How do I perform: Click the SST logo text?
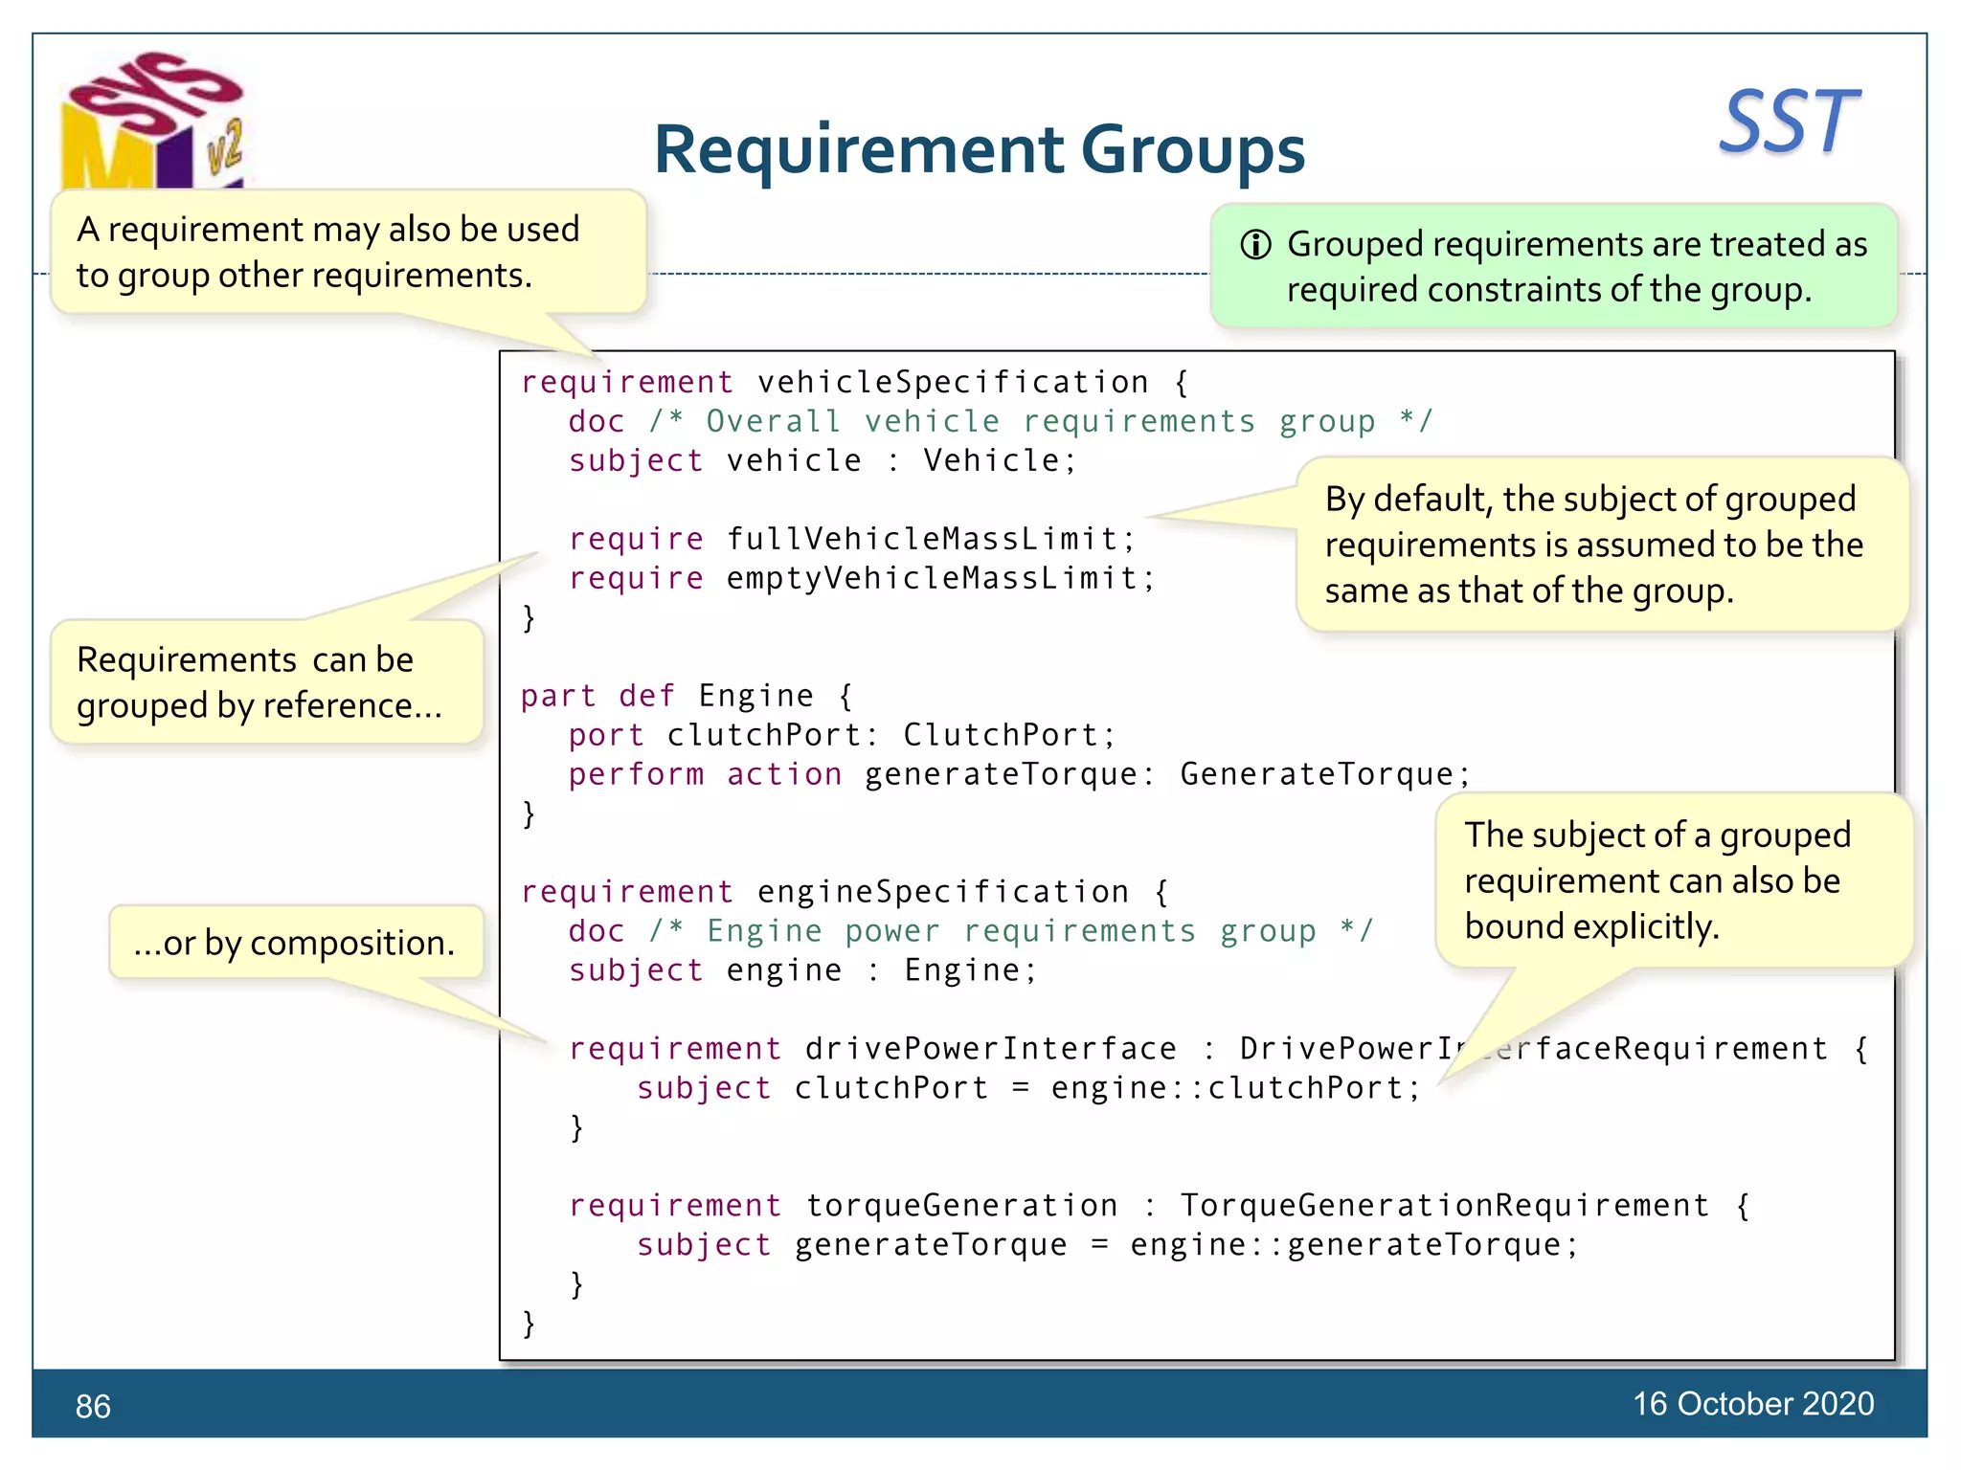click(x=1788, y=122)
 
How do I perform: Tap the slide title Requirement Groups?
click(x=979, y=149)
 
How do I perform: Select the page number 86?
click(x=93, y=1406)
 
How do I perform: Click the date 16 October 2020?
click(x=1752, y=1403)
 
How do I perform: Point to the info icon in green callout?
click(x=1255, y=245)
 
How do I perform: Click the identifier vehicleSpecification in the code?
click(x=952, y=382)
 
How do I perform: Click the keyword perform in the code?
click(x=636, y=773)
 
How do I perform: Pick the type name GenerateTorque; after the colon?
click(x=1318, y=773)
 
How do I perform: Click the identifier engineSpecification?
click(x=942, y=891)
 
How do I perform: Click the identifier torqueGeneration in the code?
click(x=960, y=1205)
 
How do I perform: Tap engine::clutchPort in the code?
click(x=1226, y=1087)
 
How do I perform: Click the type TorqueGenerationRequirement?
click(x=1444, y=1205)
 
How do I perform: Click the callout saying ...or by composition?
click(x=295, y=943)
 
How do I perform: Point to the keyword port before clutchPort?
click(x=605, y=734)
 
